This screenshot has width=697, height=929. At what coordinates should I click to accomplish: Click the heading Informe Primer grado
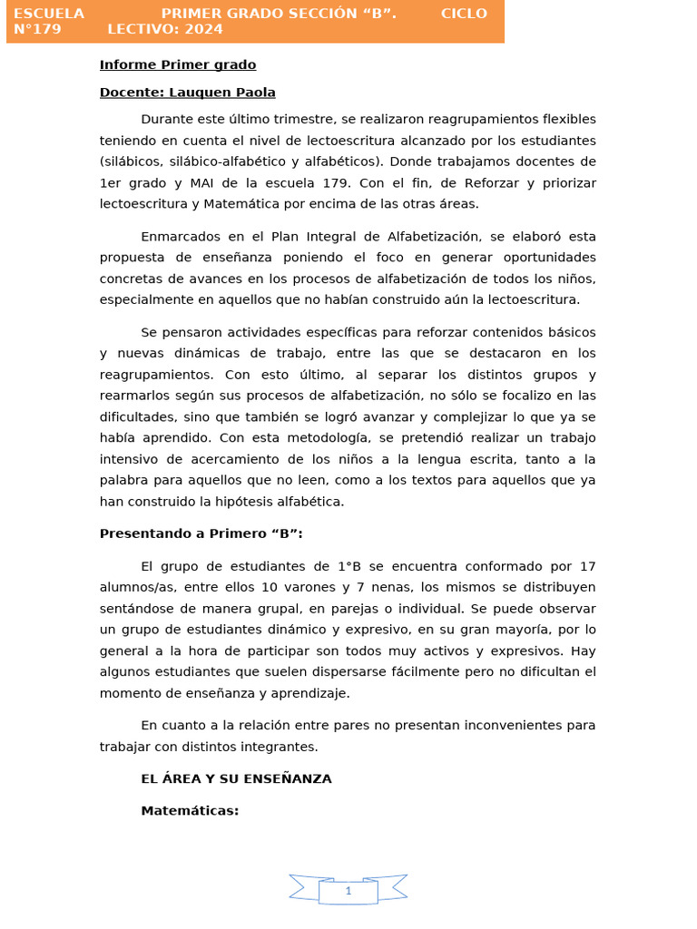pos(178,64)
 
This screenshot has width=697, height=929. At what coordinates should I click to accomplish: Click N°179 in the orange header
pos(37,29)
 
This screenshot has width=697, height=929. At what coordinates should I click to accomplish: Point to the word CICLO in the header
pos(464,14)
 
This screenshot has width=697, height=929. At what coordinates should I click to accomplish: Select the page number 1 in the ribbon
pos(348,892)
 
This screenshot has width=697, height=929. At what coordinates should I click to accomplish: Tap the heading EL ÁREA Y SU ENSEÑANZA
pos(236,778)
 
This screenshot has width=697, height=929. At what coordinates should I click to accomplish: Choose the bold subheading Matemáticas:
pos(190,810)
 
